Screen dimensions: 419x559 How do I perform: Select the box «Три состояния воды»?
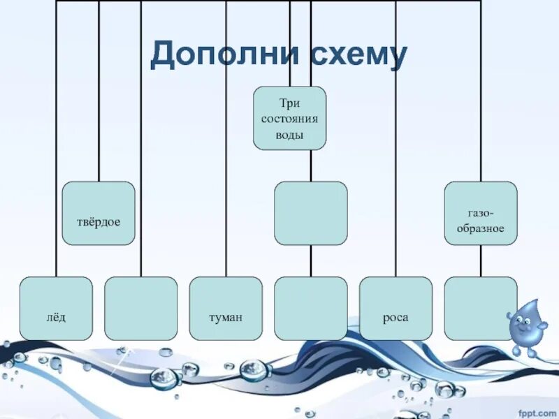tap(289, 118)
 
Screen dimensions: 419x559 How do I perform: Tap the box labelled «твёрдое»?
tap(99, 213)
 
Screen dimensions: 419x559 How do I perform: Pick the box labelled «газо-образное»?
tap(481, 213)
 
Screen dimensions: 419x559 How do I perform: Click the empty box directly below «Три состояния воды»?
tap(310, 213)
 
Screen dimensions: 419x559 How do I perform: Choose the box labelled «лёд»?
tap(56, 308)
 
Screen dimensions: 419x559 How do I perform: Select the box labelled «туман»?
tap(226, 308)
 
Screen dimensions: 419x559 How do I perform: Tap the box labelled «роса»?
tap(395, 308)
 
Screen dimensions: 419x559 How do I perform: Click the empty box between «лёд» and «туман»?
tap(140, 308)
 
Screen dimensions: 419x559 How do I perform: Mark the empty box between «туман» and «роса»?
tap(310, 308)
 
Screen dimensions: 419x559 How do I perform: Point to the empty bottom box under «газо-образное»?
tap(481, 308)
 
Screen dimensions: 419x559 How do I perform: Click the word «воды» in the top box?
tap(289, 135)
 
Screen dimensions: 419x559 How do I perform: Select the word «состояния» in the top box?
tap(289, 118)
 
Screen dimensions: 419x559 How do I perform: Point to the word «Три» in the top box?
tap(289, 102)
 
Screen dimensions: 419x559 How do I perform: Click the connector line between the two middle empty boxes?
tap(310, 260)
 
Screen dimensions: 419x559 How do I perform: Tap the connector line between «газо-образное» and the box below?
tap(481, 260)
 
